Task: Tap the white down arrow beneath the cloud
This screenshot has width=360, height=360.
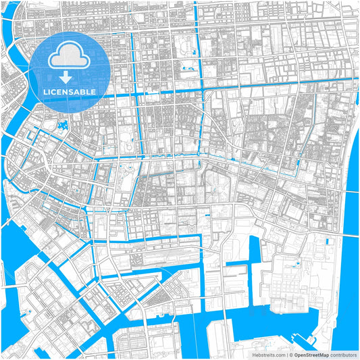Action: [70, 76]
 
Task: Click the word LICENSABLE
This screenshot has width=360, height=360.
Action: [70, 91]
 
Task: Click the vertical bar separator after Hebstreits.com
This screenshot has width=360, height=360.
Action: [286, 354]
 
